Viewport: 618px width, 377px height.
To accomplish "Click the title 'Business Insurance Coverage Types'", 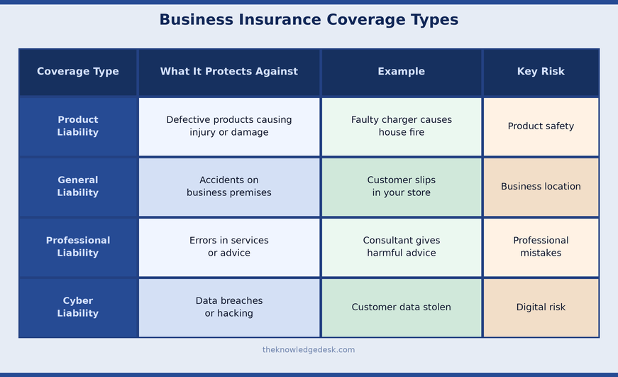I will click(309, 20).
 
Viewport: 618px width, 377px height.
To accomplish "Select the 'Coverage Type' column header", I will click(78, 72).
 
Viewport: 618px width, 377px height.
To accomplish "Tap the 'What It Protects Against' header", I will click(229, 72).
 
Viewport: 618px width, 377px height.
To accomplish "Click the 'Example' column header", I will click(402, 72).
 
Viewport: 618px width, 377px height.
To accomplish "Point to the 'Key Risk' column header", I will click(541, 72).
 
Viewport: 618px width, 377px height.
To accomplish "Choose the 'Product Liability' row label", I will click(78, 126).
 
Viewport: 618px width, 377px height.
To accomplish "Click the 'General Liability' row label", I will click(78, 187).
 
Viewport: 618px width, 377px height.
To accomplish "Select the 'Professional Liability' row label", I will click(78, 247).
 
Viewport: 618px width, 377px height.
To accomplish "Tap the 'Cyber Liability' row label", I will click(78, 307).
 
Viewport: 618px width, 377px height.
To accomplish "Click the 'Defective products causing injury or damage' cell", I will click(229, 126).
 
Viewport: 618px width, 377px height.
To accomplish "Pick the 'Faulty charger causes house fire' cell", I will click(402, 126).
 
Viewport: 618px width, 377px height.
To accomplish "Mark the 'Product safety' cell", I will click(541, 126).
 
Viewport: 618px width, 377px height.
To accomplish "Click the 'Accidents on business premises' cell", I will click(229, 187).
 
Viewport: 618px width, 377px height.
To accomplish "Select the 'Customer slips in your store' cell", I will click(402, 187).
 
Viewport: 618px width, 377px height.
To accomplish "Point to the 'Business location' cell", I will click(541, 187).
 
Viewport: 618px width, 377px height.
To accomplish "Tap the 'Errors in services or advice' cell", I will click(229, 247).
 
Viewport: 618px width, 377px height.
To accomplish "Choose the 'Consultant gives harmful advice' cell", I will click(402, 247).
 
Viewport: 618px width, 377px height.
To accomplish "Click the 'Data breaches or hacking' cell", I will click(229, 307).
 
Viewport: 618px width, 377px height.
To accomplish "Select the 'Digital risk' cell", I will click(541, 307).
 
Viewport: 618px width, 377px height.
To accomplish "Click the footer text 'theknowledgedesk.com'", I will click(309, 350).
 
